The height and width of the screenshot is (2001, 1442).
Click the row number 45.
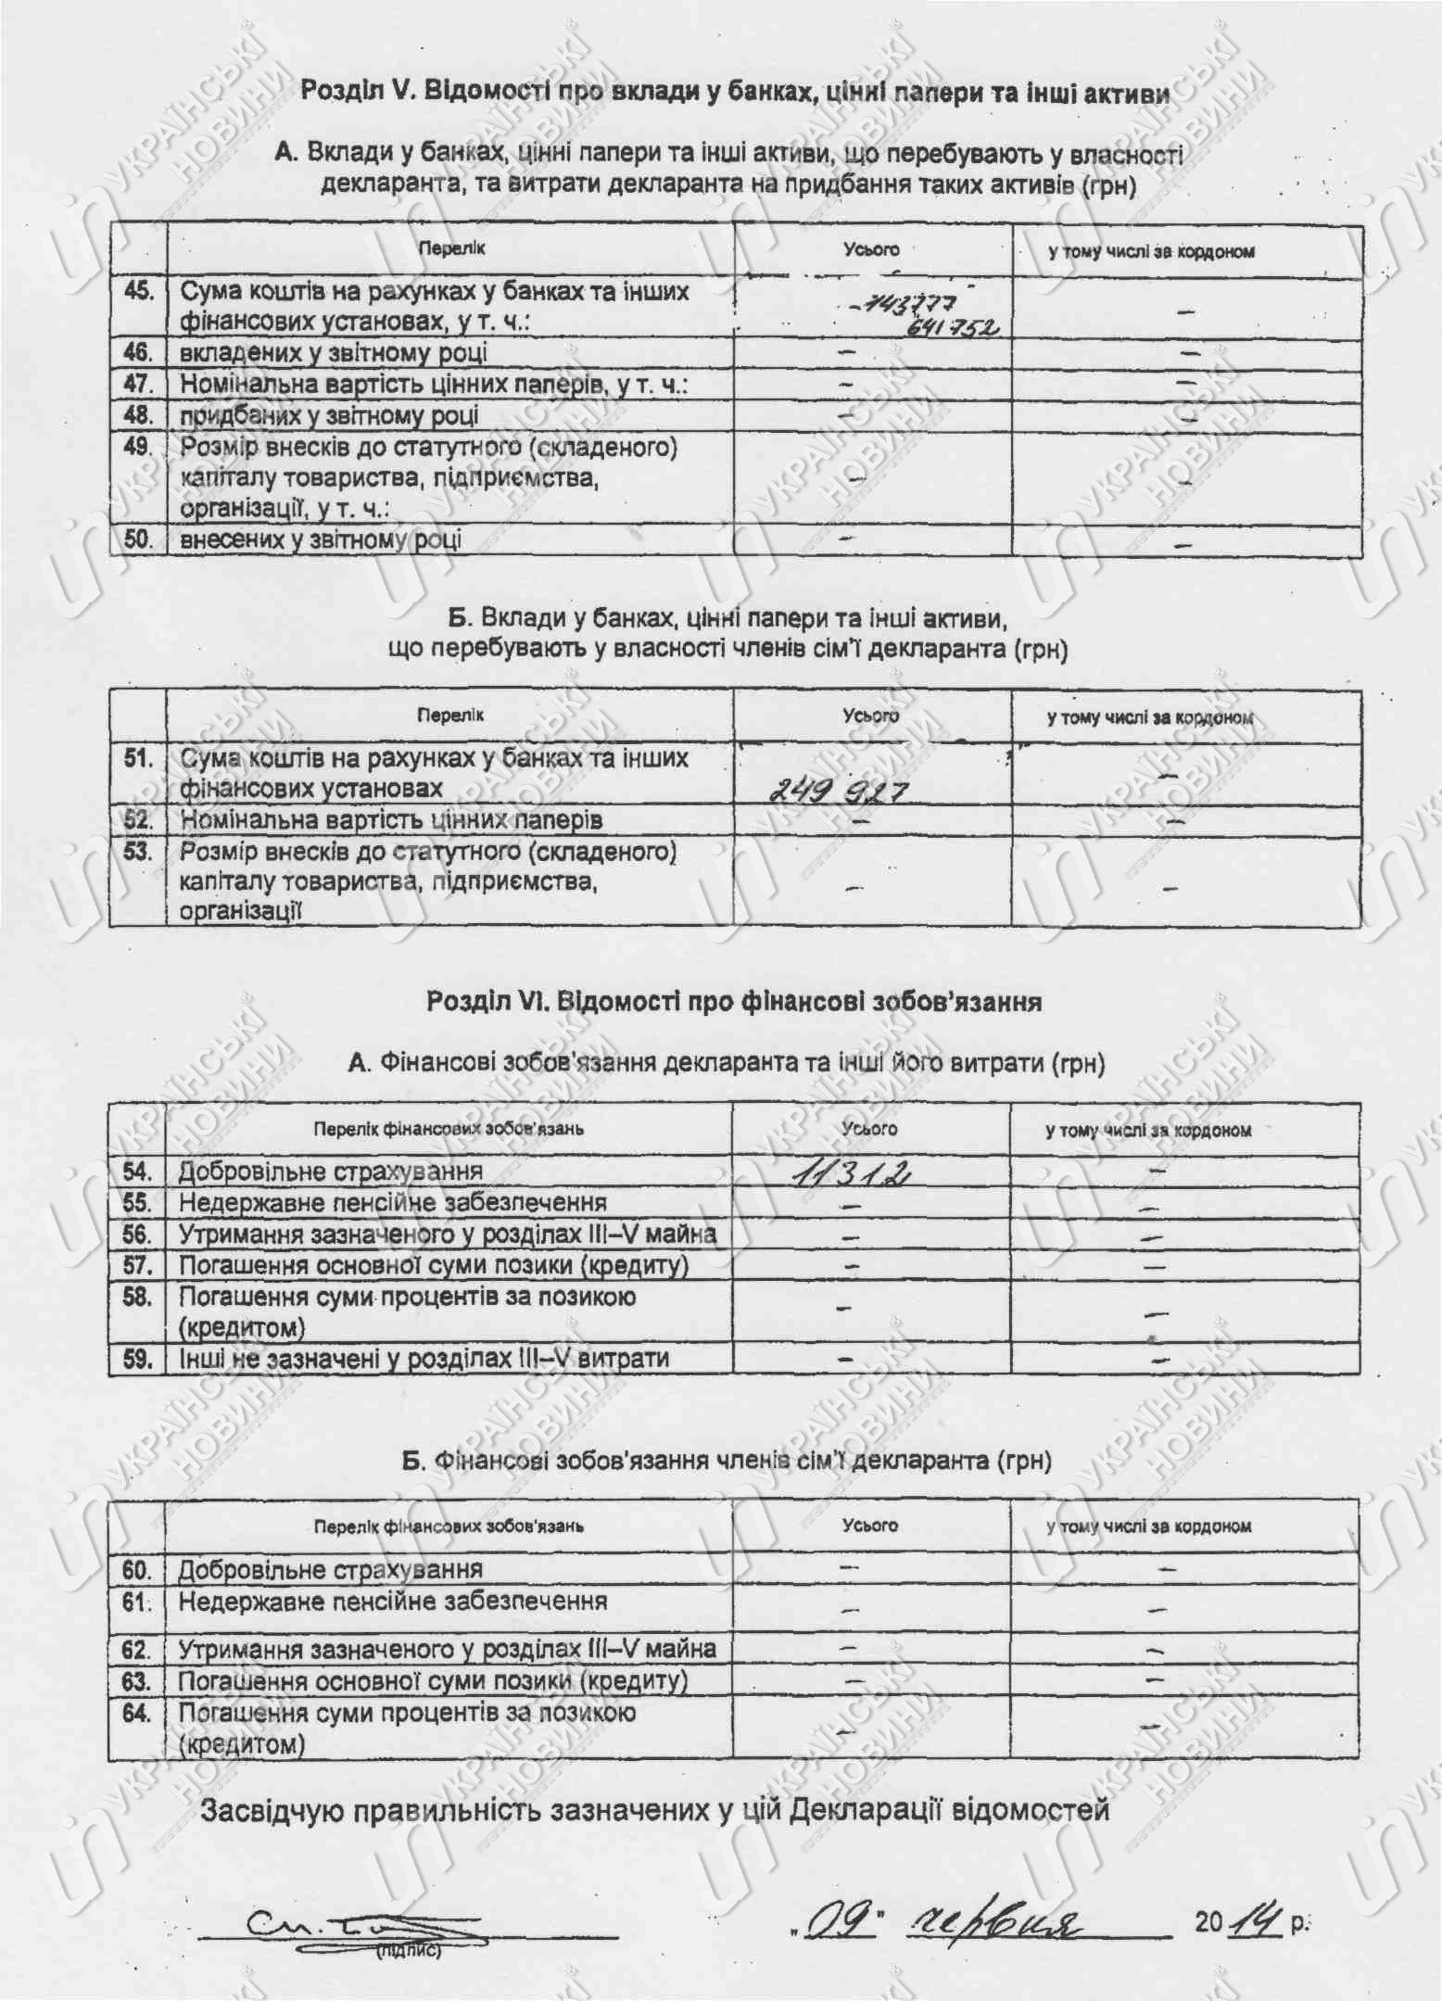138,291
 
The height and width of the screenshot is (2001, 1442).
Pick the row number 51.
138,758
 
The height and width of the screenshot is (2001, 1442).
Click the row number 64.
136,1713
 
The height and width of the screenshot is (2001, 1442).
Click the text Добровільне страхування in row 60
330,1570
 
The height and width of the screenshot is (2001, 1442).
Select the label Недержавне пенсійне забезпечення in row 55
393,1203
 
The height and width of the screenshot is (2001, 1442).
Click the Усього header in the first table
871,249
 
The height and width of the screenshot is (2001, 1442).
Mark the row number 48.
138,415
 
